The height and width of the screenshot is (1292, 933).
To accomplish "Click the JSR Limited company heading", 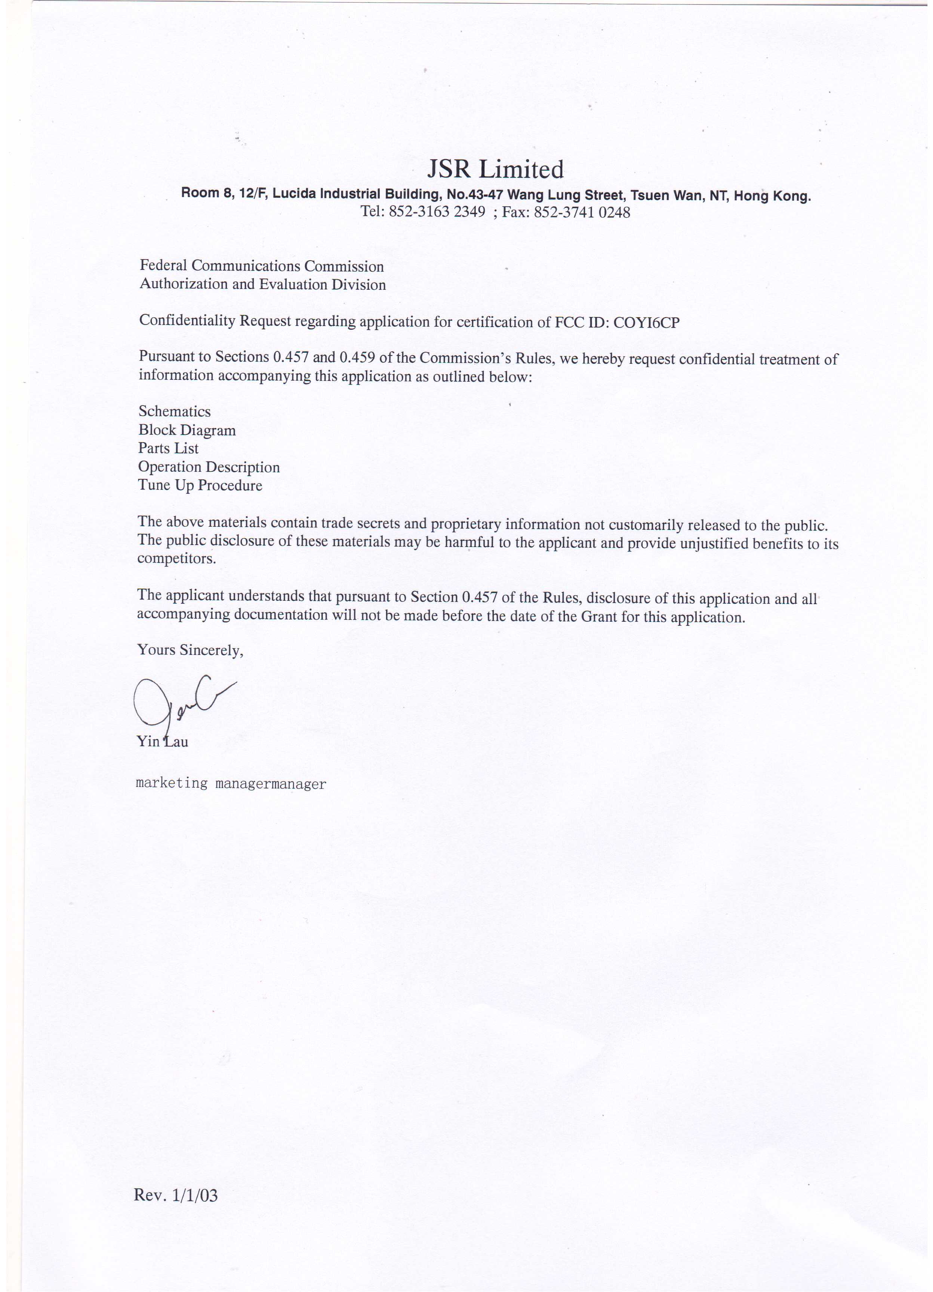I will pos(495,169).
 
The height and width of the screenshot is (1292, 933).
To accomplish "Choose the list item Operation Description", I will pos(209,467).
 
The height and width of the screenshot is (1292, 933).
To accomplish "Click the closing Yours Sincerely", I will pos(190,650).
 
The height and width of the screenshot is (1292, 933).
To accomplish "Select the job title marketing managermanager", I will pos(231,784).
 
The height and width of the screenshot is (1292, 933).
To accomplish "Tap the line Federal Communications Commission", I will pos(261,266).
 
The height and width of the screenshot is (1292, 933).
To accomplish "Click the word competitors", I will pos(176,559).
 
